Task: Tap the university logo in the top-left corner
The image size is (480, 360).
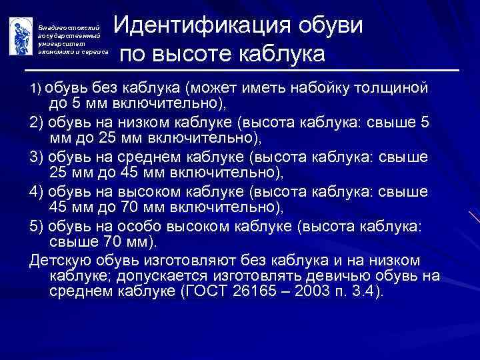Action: pyautogui.click(x=20, y=37)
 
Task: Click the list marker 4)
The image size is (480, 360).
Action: pyautogui.click(x=37, y=191)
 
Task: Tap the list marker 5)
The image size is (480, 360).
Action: pyautogui.click(x=37, y=226)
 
